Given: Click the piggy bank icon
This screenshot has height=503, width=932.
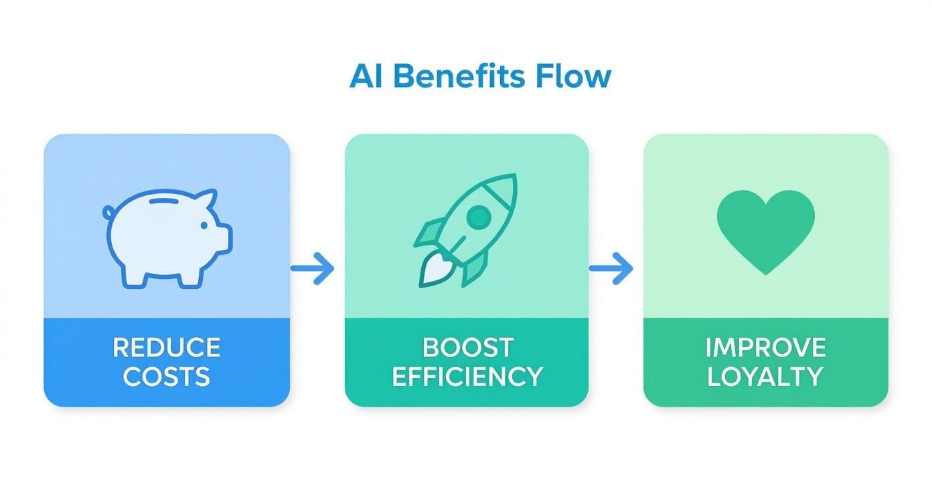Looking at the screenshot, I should (x=167, y=237).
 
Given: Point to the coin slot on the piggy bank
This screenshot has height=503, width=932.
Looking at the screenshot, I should (x=165, y=200).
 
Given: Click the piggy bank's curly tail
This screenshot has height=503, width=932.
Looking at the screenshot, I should (x=108, y=213).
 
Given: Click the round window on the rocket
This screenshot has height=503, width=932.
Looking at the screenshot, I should (x=478, y=216).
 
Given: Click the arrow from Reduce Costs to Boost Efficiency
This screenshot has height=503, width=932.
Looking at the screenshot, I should (x=313, y=268).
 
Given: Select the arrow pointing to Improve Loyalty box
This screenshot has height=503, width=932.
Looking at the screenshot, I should (x=611, y=268).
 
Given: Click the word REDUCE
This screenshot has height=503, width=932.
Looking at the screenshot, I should (x=166, y=348).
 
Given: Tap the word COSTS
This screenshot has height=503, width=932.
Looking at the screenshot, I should (x=166, y=377).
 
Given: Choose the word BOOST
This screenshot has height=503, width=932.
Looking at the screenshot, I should (x=468, y=348).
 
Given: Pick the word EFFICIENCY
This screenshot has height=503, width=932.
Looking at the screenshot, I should (x=467, y=377).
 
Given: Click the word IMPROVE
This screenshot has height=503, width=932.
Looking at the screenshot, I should (x=765, y=348).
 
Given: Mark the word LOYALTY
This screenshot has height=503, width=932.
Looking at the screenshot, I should (x=765, y=377).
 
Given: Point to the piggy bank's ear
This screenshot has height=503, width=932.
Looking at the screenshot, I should (x=207, y=199).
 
